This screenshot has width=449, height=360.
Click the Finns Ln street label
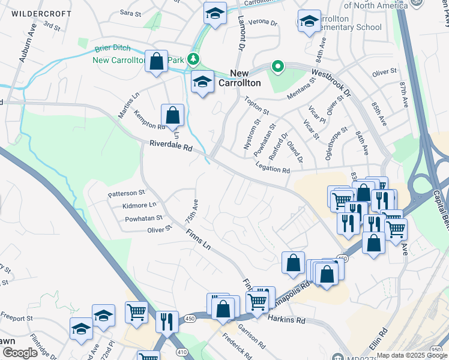tap(198, 239)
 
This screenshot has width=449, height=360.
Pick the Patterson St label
tap(126, 193)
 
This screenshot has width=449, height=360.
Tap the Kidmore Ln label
tap(139, 206)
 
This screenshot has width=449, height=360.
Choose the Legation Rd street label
tap(273, 169)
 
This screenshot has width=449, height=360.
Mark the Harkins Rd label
tap(286, 320)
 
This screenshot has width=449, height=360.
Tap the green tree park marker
tap(194, 58)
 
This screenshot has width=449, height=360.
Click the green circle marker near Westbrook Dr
tap(277, 66)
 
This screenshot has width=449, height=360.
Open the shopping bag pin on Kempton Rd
tap(172, 115)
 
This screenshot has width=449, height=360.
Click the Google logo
tap(20, 353)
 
